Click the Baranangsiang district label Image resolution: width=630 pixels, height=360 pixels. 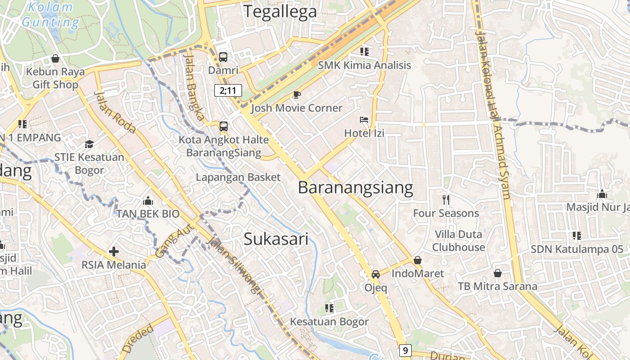pyautogui.click(x=355, y=188)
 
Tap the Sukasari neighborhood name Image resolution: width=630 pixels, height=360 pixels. pyautogui.click(x=276, y=239)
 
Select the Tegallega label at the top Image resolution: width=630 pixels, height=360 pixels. pyautogui.click(x=280, y=12)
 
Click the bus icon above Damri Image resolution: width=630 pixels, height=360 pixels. pyautogui.click(x=223, y=57)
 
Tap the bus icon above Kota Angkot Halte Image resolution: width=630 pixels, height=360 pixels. pyautogui.click(x=224, y=126)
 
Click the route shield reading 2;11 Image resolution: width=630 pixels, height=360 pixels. pyautogui.click(x=228, y=90)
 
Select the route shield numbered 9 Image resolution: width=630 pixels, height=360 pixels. pyautogui.click(x=405, y=350)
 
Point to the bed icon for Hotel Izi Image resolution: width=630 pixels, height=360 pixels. pyautogui.click(x=364, y=120)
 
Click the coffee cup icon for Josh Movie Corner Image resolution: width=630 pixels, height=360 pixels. pyautogui.click(x=297, y=94)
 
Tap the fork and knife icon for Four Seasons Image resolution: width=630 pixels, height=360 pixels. pyautogui.click(x=446, y=199)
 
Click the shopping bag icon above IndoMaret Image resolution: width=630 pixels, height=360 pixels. pyautogui.click(x=417, y=260)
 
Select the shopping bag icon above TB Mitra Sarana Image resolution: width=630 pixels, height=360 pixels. pyautogui.click(x=498, y=273)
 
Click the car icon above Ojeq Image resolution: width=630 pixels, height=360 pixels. pyautogui.click(x=376, y=274)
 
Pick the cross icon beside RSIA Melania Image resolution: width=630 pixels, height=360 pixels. pyautogui.click(x=114, y=252)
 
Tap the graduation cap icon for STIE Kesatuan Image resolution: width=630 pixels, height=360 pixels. pyautogui.click(x=89, y=144)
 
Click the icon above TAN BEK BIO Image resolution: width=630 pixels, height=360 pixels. pyautogui.click(x=148, y=201)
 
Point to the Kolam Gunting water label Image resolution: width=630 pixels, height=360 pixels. pyautogui.click(x=50, y=14)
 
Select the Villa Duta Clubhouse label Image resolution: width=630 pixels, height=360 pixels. pyautogui.click(x=459, y=241)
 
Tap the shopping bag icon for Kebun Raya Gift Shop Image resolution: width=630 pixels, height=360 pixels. pyautogui.click(x=55, y=58)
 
